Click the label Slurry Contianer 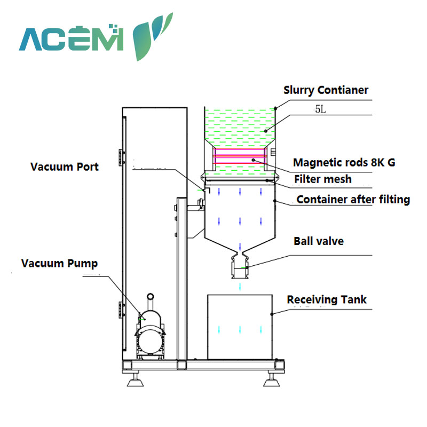[326, 90]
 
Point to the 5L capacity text [319, 109]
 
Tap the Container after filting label [353, 200]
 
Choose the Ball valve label [318, 241]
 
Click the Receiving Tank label [327, 299]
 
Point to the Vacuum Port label [64, 167]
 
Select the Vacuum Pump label [59, 263]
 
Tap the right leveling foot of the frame [271, 381]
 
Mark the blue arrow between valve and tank [240, 287]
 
